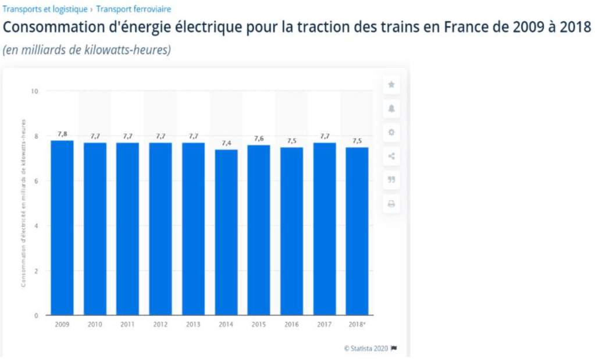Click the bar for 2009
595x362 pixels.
(62, 228)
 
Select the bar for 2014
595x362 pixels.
(226, 232)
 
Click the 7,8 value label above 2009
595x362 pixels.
(62, 134)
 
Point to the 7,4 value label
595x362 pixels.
(226, 143)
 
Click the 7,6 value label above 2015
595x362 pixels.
(259, 139)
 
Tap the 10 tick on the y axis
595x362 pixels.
(34, 91)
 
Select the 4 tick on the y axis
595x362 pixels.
(36, 226)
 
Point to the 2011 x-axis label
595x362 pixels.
(128, 324)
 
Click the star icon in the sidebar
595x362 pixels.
(391, 85)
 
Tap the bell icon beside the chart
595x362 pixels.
(391, 109)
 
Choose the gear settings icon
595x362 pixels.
(391, 132)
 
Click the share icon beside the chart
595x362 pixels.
(391, 156)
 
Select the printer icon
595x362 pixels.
(391, 204)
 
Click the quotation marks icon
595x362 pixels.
(391, 180)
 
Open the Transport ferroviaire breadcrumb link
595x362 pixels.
(134, 9)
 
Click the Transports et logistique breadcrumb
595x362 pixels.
(45, 9)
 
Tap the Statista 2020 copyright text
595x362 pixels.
(366, 349)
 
